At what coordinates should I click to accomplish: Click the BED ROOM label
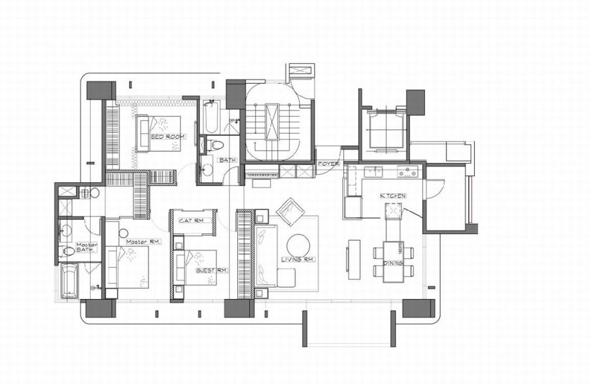tap(167, 137)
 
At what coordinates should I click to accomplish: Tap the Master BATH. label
tap(87, 247)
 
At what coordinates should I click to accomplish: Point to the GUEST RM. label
tap(212, 270)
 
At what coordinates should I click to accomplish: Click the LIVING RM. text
tap(299, 260)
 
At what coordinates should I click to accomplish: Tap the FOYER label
tap(329, 164)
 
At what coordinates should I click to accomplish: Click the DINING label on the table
tap(393, 263)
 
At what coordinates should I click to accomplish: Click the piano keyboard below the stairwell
tap(262, 175)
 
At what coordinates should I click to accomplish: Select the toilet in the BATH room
tap(215, 145)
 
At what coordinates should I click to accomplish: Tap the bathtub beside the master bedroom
tap(69, 280)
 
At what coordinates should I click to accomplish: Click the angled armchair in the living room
tap(289, 212)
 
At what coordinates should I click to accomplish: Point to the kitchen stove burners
tap(407, 172)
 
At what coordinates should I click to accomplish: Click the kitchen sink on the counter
tap(374, 172)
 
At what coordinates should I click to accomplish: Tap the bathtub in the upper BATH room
tap(211, 116)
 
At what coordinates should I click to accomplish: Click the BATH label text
tap(228, 160)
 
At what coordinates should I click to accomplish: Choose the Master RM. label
tap(143, 242)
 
